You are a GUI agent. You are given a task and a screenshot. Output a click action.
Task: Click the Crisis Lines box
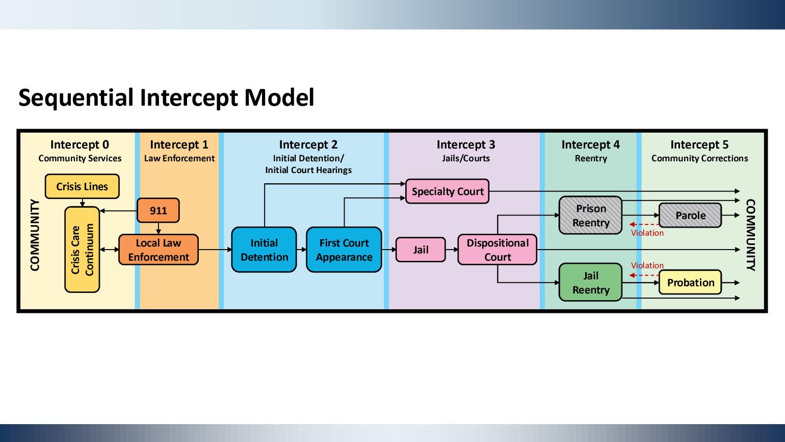click(x=82, y=186)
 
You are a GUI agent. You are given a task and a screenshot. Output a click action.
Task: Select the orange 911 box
click(x=158, y=210)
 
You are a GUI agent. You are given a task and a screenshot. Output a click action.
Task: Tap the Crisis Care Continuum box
click(x=82, y=250)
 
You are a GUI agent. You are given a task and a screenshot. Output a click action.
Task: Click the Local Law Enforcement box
click(x=158, y=250)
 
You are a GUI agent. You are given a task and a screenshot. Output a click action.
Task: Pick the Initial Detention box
click(x=264, y=250)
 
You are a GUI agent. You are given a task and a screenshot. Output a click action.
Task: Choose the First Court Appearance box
click(x=344, y=250)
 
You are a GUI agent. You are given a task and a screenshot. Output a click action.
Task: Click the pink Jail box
click(x=421, y=250)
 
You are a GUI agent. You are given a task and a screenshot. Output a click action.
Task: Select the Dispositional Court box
click(x=497, y=250)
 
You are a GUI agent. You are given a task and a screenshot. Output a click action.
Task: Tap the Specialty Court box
click(x=447, y=191)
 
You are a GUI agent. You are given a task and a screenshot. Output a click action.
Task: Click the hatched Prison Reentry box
click(x=590, y=215)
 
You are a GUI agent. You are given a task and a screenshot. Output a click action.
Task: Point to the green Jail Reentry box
click(x=590, y=282)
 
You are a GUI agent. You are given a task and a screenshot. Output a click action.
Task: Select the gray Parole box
click(x=690, y=215)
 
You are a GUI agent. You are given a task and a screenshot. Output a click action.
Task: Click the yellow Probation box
click(x=690, y=282)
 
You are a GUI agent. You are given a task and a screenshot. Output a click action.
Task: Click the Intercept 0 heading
click(x=80, y=144)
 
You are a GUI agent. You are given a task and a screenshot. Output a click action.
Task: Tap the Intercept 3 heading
click(x=465, y=144)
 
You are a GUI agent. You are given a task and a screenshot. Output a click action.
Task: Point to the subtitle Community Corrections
click(x=699, y=158)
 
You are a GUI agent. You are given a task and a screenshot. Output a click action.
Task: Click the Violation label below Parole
click(x=647, y=233)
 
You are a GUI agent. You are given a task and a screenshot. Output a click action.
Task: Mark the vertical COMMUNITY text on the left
click(x=35, y=235)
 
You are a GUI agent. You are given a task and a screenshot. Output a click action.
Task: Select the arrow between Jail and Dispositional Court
click(x=451, y=250)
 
